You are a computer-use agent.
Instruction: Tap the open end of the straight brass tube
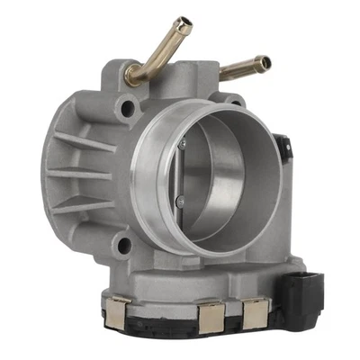pos(265,63)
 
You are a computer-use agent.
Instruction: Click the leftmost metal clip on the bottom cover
pos(118,314)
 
